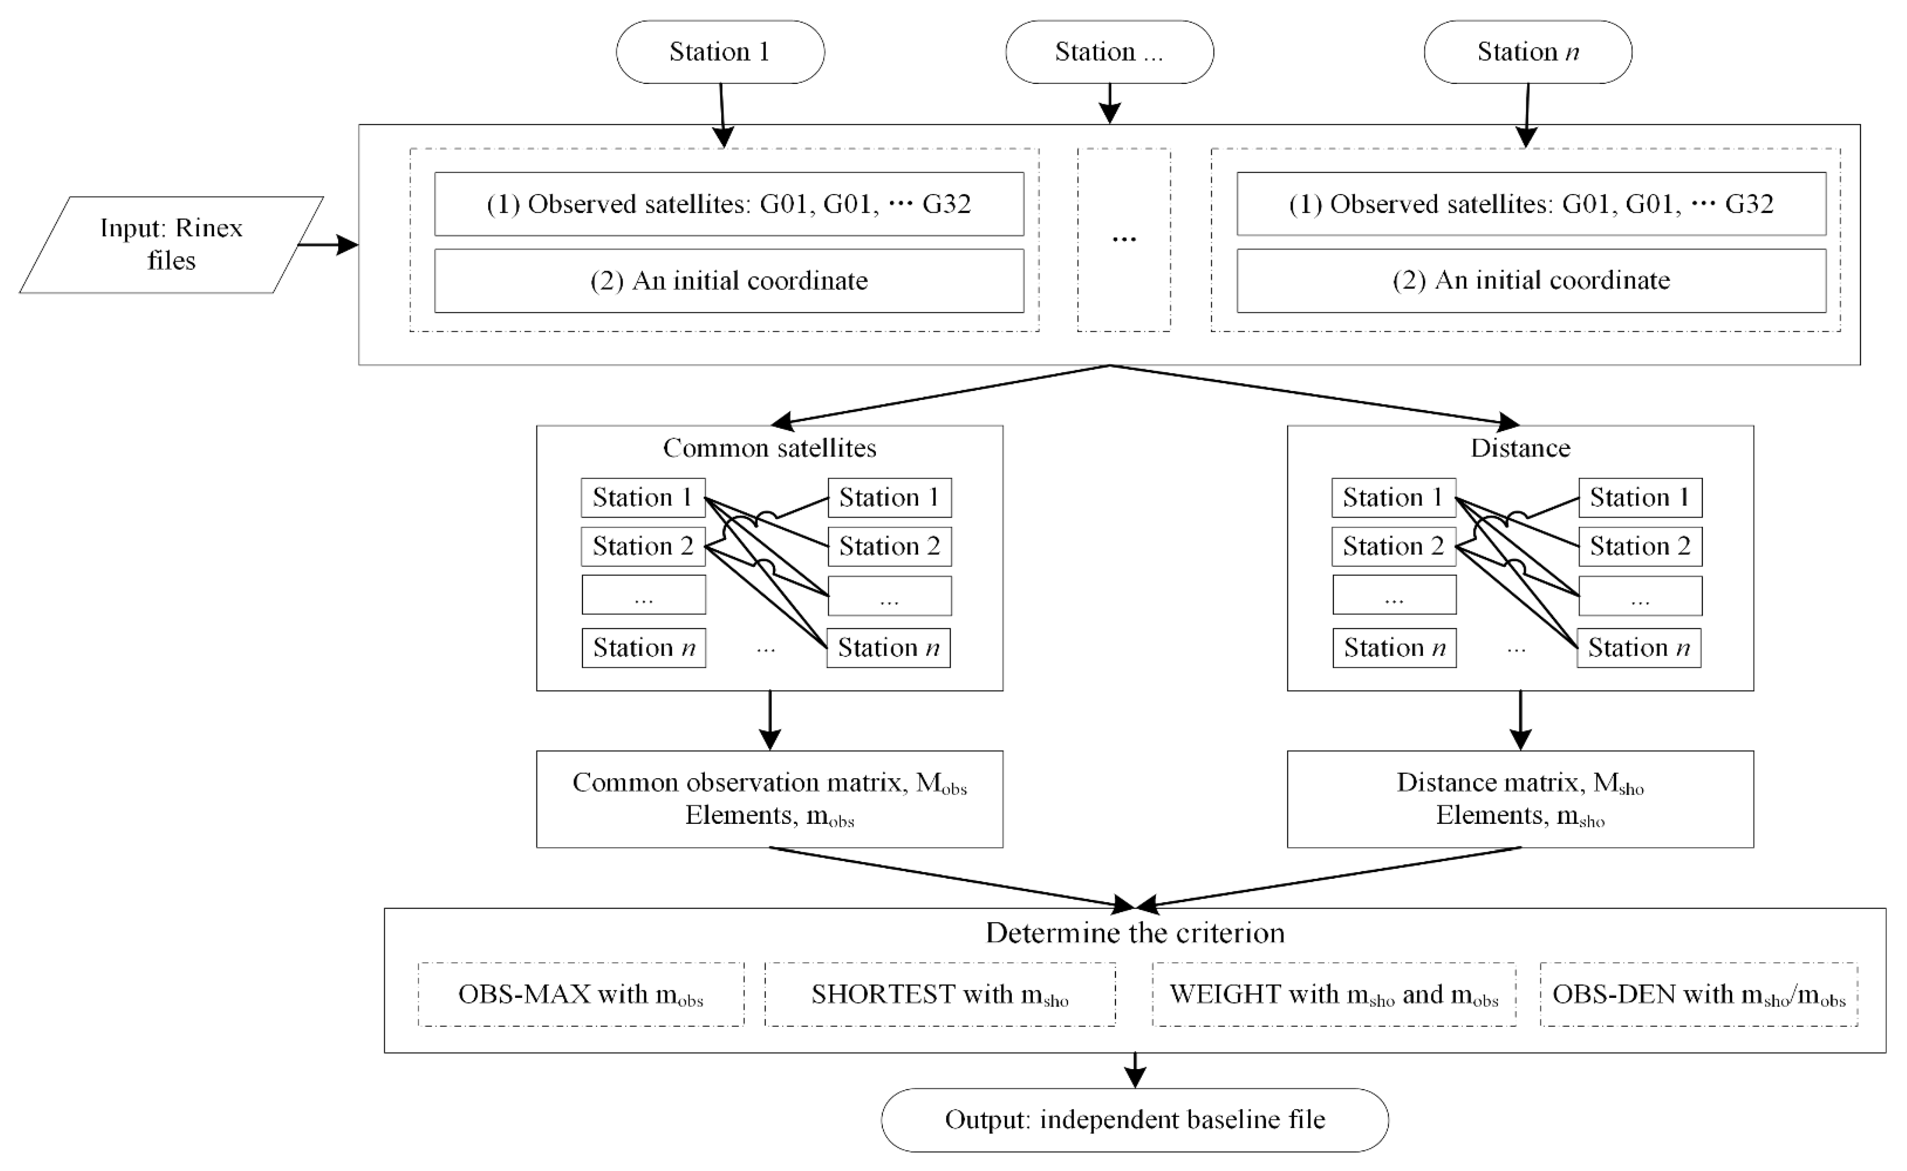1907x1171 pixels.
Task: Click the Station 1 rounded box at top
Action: click(x=720, y=52)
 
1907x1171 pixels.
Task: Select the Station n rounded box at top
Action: click(x=1527, y=52)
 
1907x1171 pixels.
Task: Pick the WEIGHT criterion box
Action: click(x=1334, y=994)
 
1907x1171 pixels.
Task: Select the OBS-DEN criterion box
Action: click(x=1699, y=994)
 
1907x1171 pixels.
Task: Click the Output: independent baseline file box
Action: click(x=1134, y=1120)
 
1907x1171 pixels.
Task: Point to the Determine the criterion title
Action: click(x=1134, y=932)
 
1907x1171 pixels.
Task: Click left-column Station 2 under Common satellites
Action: click(x=643, y=546)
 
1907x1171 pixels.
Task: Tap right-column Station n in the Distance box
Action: click(x=1639, y=648)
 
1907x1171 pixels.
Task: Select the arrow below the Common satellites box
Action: click(x=769, y=720)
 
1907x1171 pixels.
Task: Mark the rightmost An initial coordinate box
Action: click(x=1531, y=280)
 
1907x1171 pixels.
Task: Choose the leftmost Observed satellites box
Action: click(x=729, y=204)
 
